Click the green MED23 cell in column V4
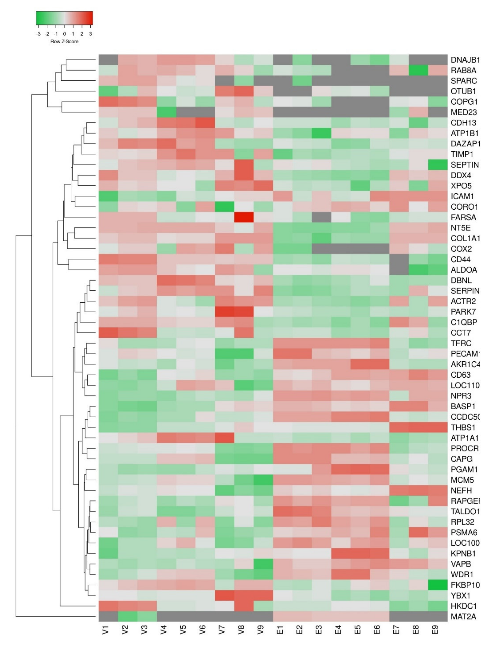tap(166, 112)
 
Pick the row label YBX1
tap(460, 596)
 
